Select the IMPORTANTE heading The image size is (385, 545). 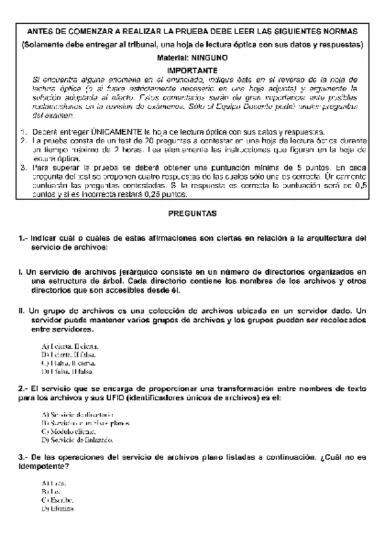(192, 68)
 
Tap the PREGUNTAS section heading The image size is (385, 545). (192, 212)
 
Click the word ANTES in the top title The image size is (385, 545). (39, 31)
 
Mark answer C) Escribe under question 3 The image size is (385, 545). (58, 499)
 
